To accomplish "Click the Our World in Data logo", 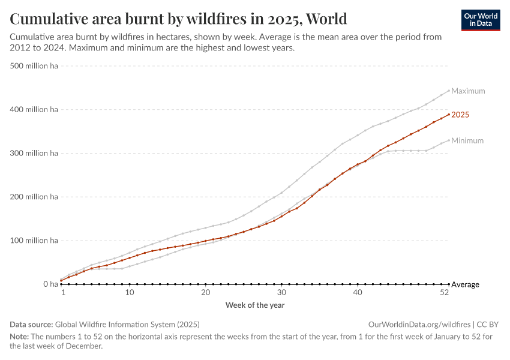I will pos(481,20).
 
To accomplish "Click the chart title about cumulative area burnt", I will pos(178,19).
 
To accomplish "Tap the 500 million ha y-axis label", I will pos(34,66).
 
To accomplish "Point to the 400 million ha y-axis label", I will pos(34,110).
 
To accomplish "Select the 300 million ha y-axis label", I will pos(34,154).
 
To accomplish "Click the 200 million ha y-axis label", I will pos(34,197).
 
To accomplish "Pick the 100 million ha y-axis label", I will pos(34,241).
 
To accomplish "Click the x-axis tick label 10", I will pos(130,292).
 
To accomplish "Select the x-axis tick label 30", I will pos(281,292).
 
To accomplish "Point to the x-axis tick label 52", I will pos(445,292).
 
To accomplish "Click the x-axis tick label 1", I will pos(62,292).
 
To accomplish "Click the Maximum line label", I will pos(468,91).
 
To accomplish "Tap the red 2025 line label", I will pos(460,115).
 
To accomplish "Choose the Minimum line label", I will pos(467,141).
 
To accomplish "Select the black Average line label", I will pos(465,284).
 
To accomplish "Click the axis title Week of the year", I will pos(255,305).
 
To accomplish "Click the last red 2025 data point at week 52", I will pos(449,115).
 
